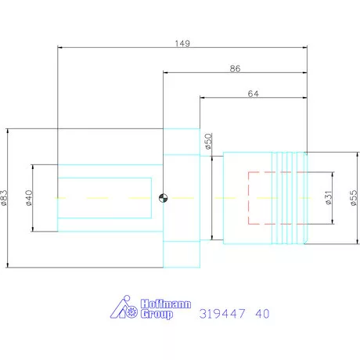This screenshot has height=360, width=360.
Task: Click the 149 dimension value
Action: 182,43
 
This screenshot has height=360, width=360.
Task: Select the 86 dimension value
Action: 235,69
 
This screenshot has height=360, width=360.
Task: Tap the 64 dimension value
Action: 253,94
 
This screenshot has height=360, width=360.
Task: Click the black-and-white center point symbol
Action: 163,198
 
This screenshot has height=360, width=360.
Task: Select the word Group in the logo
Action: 157,315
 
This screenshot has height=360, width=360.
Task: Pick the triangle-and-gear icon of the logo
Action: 123,309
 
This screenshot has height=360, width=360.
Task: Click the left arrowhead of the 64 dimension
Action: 203,99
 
